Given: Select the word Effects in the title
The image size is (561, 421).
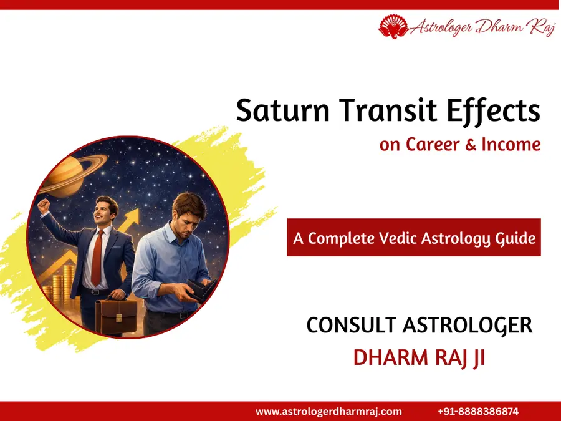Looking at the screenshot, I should point(496,112).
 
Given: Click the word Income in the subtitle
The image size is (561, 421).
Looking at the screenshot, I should point(511,145).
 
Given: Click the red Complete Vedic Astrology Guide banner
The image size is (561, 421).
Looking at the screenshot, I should point(413,237).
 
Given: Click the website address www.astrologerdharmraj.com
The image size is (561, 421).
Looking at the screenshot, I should point(328,412).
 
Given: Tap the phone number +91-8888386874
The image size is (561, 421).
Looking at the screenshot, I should point(478,412).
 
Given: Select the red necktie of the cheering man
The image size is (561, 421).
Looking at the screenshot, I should point(97,256).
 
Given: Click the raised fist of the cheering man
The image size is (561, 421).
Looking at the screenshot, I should point(44,205).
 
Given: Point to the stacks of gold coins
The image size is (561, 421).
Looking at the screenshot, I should point(60,284).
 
